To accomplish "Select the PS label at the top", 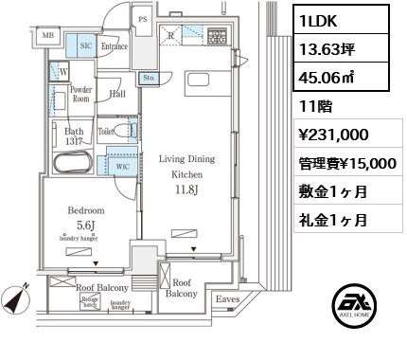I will pyautogui.click(x=143, y=18).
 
